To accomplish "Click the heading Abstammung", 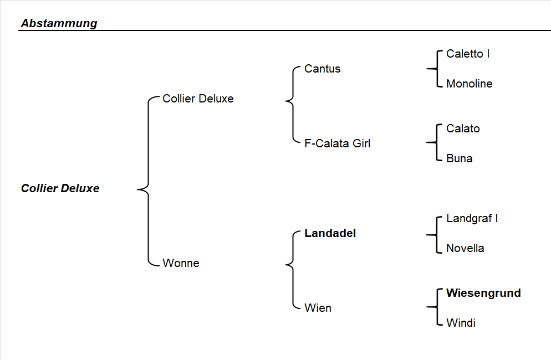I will click(x=59, y=23).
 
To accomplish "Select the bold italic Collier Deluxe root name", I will click(x=60, y=188).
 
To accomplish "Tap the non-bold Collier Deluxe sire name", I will click(x=198, y=99).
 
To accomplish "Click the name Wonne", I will click(x=181, y=263).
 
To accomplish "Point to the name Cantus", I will click(x=322, y=69).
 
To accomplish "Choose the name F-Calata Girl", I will click(x=337, y=143).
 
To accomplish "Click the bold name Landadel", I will click(x=330, y=233).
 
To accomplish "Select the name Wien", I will click(x=318, y=308).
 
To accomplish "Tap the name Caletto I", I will click(x=467, y=54).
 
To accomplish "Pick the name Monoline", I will click(x=469, y=84).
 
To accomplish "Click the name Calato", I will click(x=463, y=128).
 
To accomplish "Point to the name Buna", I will click(x=459, y=158).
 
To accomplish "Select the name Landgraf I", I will click(x=472, y=218).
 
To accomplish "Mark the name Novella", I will click(x=465, y=248).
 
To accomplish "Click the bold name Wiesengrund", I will click(x=483, y=293).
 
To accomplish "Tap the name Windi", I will click(x=461, y=323).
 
